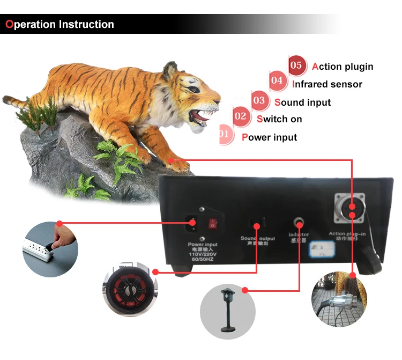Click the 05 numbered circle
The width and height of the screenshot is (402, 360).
pyautogui.click(x=297, y=66)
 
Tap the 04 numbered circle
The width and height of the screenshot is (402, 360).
pyautogui.click(x=277, y=82)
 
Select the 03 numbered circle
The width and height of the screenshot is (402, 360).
pyautogui.click(x=259, y=100)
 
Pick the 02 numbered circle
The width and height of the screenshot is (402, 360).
pyautogui.click(x=241, y=116)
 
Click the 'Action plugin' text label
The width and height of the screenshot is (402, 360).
pyautogui.click(x=343, y=67)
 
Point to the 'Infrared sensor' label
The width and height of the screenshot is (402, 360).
pyautogui.click(x=327, y=84)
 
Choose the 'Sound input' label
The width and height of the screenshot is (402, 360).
pyautogui.click(x=302, y=102)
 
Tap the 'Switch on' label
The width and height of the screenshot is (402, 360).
pyautogui.click(x=279, y=119)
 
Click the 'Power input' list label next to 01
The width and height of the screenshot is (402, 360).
pyautogui.click(x=269, y=137)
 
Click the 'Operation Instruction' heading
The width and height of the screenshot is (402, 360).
pyautogui.click(x=59, y=25)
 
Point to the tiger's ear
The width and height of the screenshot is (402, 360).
pyautogui.click(x=170, y=70)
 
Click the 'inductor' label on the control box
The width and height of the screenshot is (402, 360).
pyautogui.click(x=299, y=234)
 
